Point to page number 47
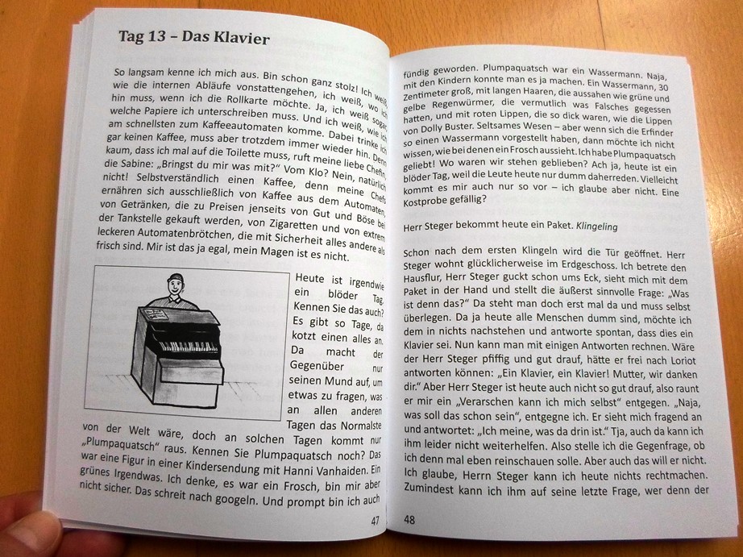click(x=375, y=521)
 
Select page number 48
click(x=409, y=520)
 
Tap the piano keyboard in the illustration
click(x=189, y=345)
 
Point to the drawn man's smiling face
click(x=174, y=287)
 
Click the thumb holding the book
click(x=28, y=529)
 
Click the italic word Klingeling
click(x=597, y=227)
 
